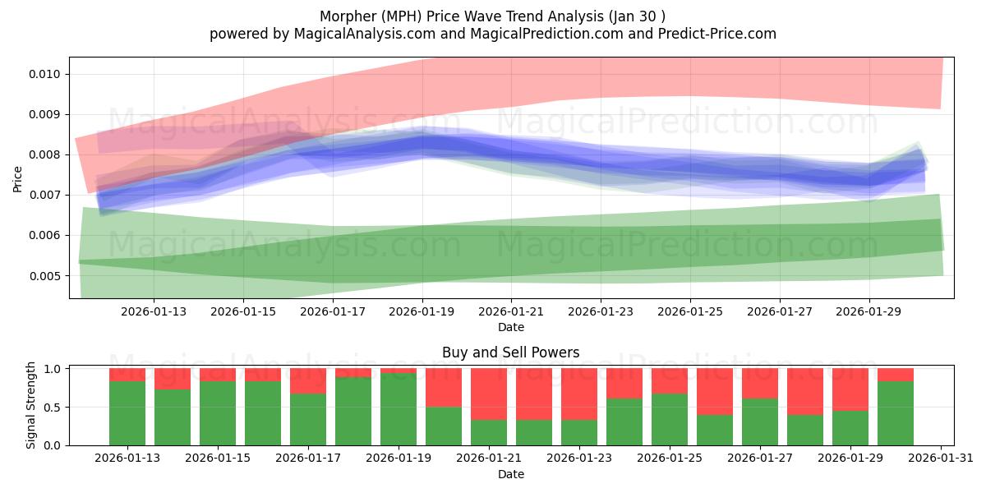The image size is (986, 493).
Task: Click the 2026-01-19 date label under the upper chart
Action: [422, 311]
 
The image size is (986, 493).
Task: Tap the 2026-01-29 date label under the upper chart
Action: [869, 311]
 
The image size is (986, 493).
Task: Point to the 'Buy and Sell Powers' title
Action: [510, 352]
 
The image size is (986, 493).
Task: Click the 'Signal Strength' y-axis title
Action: [31, 405]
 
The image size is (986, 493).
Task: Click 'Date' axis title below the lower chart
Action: [510, 474]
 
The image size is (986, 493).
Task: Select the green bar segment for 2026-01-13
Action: [127, 412]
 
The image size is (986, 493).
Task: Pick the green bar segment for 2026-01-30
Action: [896, 412]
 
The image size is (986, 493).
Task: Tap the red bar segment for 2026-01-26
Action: [715, 391]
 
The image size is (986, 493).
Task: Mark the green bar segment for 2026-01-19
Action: [399, 408]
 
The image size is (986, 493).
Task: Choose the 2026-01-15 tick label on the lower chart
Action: [218, 458]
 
